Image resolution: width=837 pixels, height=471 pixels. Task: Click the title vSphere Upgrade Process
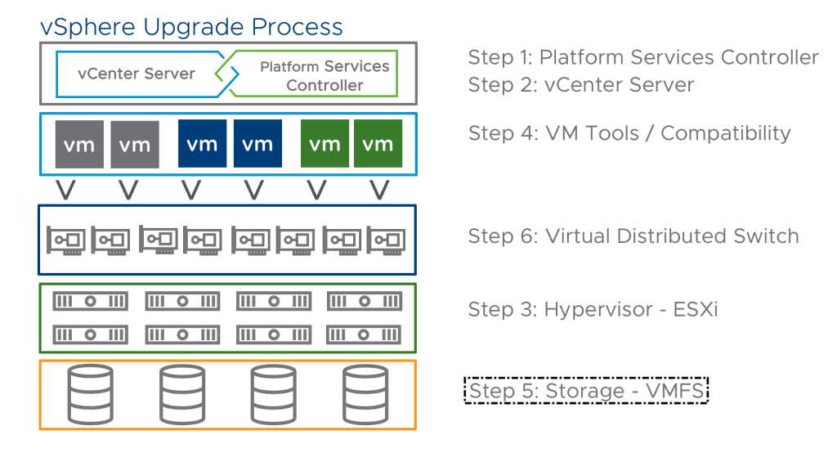(x=191, y=27)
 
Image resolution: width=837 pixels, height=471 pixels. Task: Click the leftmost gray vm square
(x=79, y=144)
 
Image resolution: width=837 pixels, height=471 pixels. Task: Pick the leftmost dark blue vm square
(x=203, y=144)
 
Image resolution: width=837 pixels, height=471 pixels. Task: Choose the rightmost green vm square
(x=378, y=144)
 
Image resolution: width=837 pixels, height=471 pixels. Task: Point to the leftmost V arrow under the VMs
(x=65, y=190)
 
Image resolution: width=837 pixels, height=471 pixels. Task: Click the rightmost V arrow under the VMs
(x=379, y=190)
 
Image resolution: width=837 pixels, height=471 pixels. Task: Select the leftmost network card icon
(x=66, y=240)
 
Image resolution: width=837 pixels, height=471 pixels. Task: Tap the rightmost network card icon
(x=386, y=240)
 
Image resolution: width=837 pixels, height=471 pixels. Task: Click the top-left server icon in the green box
(x=90, y=302)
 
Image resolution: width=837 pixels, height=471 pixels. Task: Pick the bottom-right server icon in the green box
(x=364, y=334)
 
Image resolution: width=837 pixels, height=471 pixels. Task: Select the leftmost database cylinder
(x=90, y=395)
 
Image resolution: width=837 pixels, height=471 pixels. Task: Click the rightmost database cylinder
(x=365, y=395)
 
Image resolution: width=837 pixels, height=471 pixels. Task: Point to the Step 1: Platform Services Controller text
(x=643, y=57)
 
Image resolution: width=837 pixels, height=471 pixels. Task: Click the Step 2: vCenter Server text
(x=581, y=85)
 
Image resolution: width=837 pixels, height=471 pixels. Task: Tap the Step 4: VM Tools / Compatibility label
(x=629, y=133)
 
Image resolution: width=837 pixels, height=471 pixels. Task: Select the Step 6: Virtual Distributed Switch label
(x=633, y=236)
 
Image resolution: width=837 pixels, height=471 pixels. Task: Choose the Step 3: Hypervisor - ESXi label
(x=593, y=309)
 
